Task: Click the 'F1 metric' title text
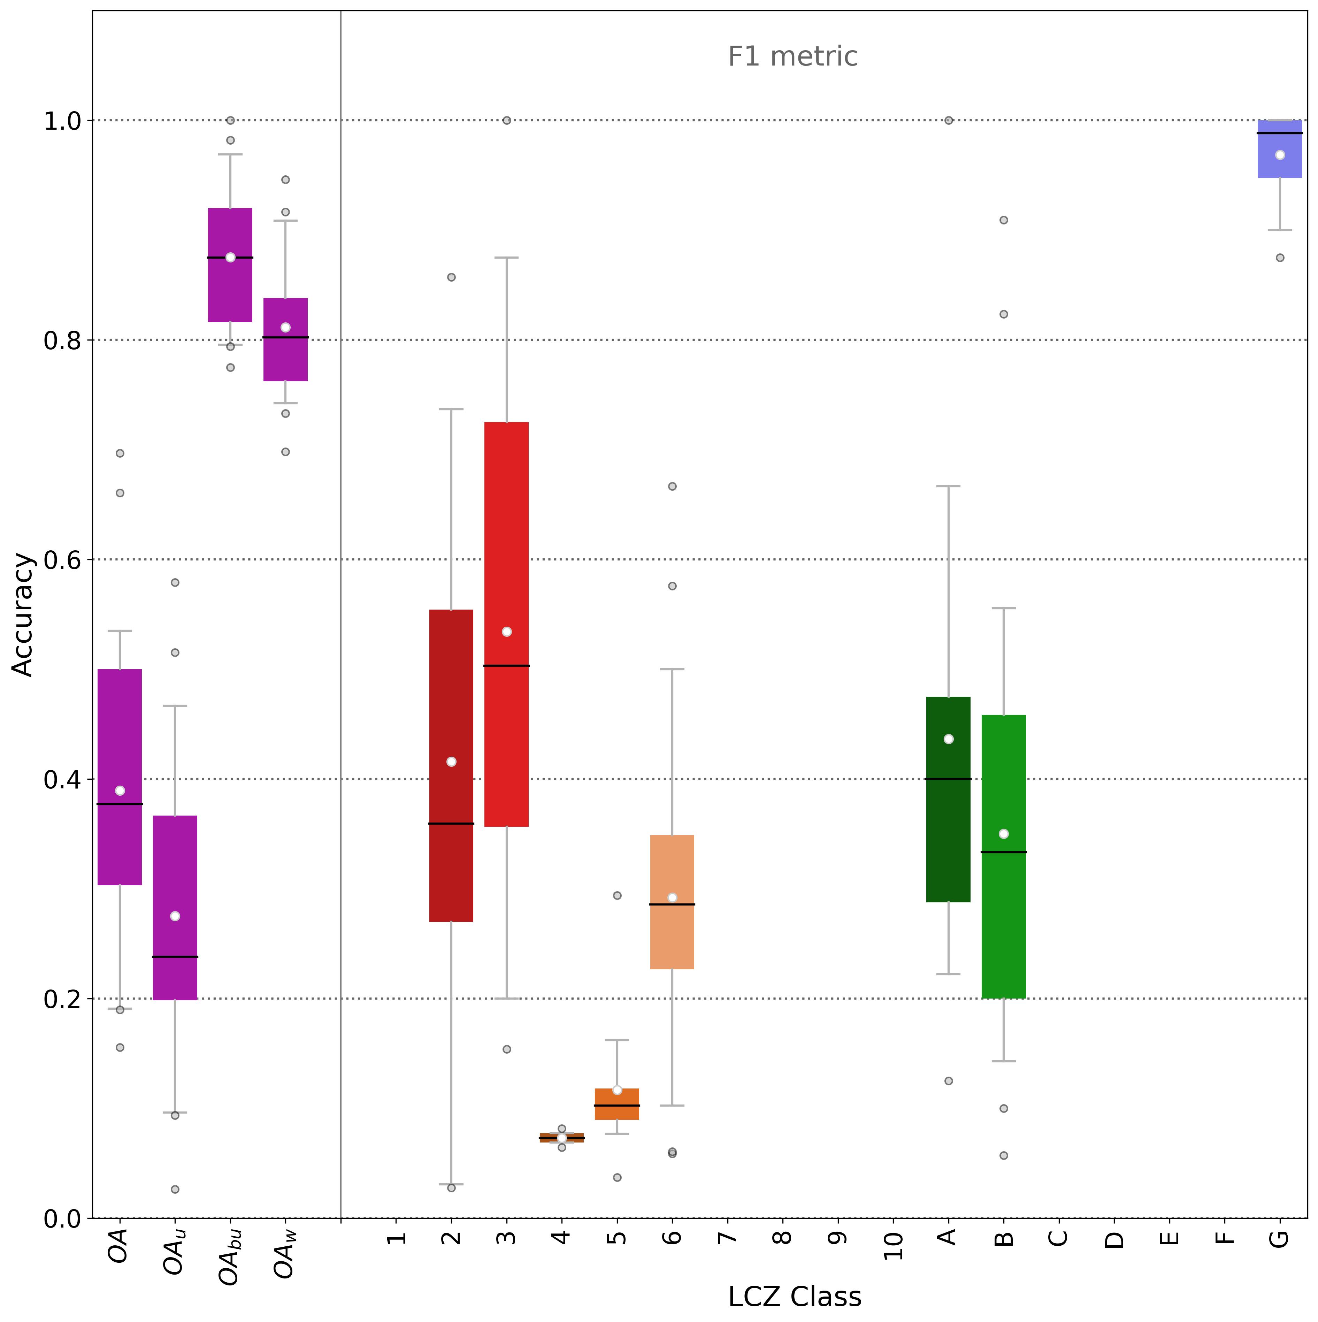792,56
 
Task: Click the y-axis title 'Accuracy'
23,614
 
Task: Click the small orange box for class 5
616,1104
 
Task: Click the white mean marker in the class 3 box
506,632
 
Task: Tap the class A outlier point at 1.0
949,121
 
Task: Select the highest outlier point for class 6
672,487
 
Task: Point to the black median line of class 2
451,823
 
